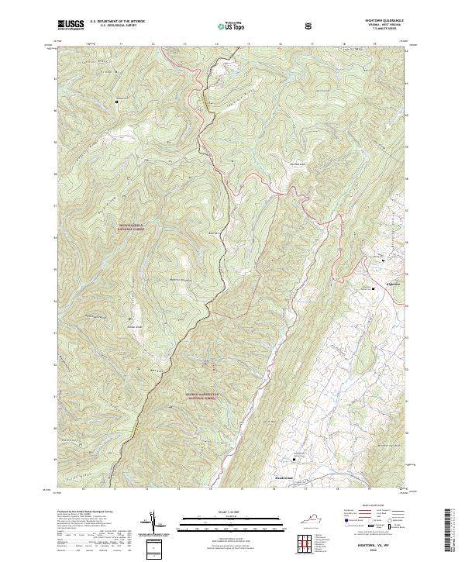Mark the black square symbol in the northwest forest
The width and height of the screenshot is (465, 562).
click(x=118, y=101)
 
